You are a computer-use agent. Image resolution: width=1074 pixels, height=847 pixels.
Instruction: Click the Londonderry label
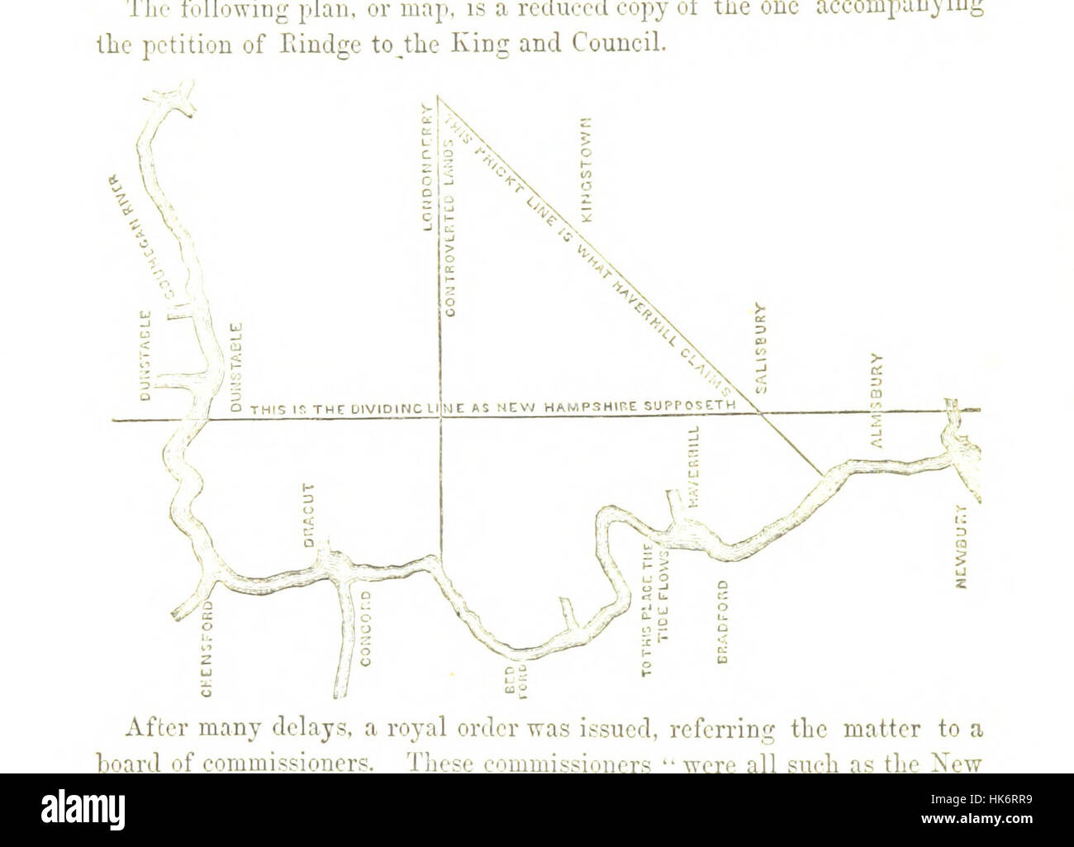(x=428, y=166)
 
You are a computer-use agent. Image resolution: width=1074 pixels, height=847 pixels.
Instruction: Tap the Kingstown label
(x=587, y=168)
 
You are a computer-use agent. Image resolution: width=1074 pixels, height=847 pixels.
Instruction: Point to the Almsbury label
(x=877, y=400)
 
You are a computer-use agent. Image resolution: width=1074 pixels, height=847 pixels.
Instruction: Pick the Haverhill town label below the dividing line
(x=694, y=467)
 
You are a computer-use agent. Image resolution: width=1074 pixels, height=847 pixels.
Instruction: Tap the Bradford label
(x=723, y=620)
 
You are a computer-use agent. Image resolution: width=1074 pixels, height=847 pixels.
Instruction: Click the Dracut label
(x=308, y=515)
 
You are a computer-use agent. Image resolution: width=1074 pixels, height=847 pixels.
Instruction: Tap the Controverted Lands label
(x=451, y=228)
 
